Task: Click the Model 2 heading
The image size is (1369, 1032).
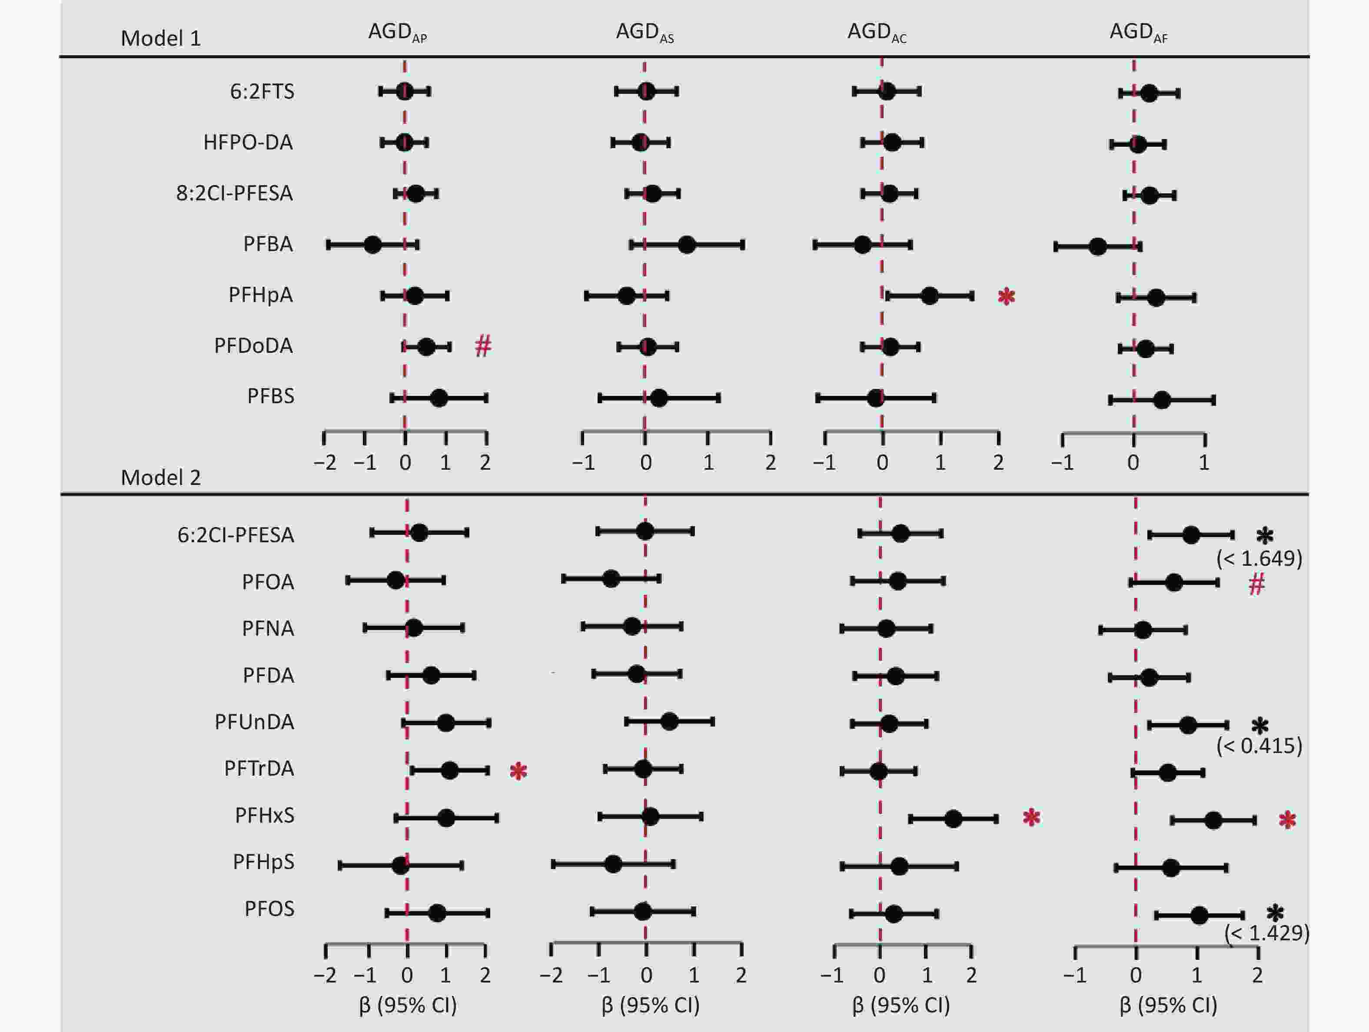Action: (160, 478)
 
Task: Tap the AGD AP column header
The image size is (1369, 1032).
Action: (397, 32)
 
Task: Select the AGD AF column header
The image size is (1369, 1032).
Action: (1138, 32)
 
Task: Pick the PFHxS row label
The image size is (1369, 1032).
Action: (264, 816)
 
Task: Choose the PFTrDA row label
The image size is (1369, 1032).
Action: (259, 768)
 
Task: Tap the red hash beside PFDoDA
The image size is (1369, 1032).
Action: (483, 346)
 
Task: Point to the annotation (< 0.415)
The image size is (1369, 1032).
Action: (1259, 746)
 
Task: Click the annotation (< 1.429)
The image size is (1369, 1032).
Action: (1266, 933)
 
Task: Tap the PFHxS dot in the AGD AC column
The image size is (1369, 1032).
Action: (953, 819)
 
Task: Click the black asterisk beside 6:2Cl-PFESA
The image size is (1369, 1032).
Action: (1264, 536)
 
